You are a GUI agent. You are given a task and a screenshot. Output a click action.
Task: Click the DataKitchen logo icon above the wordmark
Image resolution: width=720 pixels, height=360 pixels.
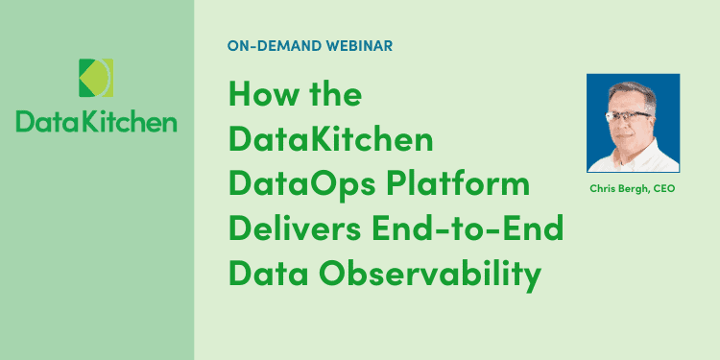tap(96, 79)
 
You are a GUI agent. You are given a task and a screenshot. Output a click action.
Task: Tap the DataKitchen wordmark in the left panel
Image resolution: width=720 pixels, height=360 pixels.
tap(96, 122)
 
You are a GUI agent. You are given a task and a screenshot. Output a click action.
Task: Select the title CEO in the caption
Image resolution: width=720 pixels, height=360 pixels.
tap(664, 189)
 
